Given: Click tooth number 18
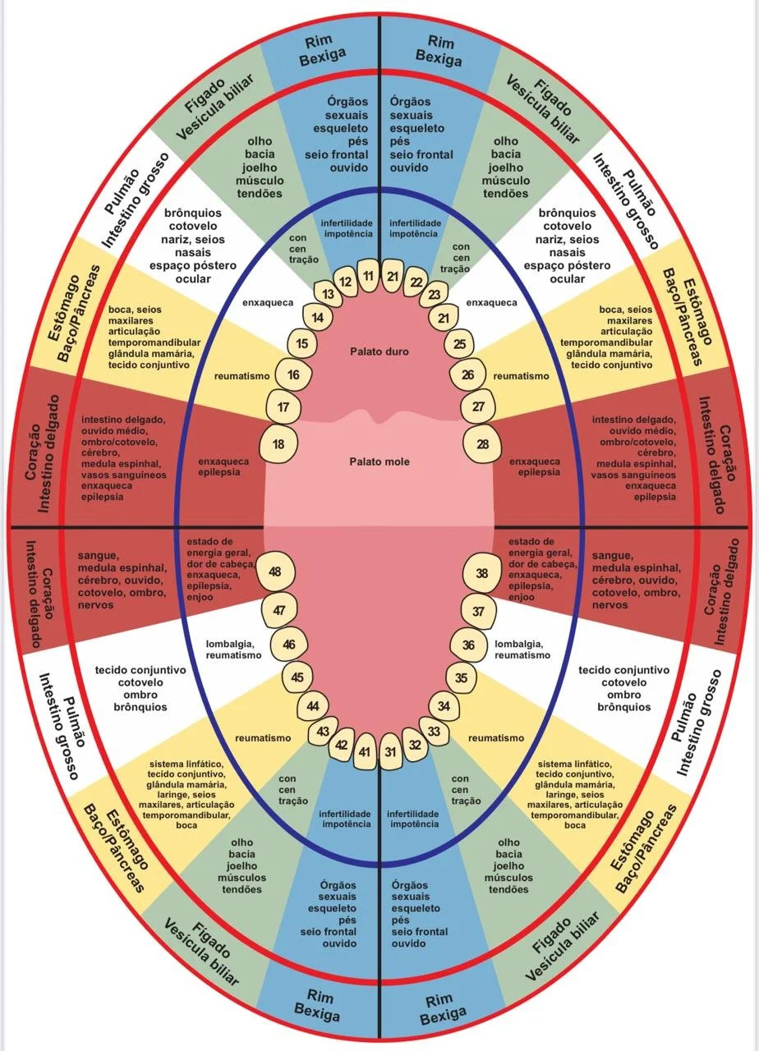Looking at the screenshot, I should click(278, 444).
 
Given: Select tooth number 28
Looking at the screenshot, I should click(483, 444).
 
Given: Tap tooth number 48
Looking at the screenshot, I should click(275, 572).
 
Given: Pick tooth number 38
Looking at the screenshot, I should click(482, 573).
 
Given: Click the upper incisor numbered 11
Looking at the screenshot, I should click(369, 276).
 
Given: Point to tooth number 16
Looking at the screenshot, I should click(293, 375).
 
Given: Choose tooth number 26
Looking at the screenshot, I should click(468, 375).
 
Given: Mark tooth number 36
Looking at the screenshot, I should click(469, 645).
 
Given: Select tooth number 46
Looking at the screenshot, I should click(289, 645).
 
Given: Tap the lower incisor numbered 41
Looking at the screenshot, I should click(366, 751).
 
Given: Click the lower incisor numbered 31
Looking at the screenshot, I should click(392, 751).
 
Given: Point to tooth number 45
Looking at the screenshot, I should click(297, 677).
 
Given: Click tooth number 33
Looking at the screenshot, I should click(435, 731).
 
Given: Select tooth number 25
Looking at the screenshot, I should click(460, 344).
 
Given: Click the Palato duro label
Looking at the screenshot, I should click(379, 351).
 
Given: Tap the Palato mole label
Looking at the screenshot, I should click(379, 462).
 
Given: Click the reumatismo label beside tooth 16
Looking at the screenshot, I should click(242, 376).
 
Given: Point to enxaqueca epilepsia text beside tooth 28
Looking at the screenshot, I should click(535, 467).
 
